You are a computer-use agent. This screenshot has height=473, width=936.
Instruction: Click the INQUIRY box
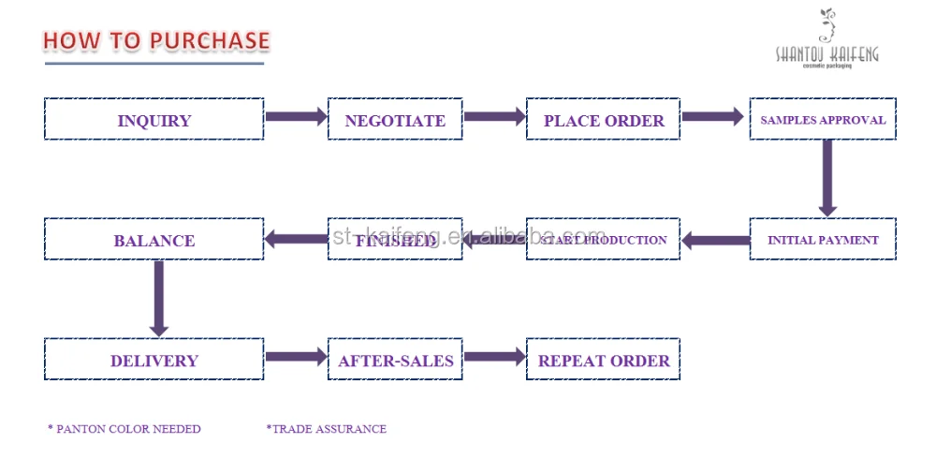click(x=154, y=120)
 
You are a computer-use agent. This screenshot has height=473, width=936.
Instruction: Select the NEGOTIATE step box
click(x=395, y=120)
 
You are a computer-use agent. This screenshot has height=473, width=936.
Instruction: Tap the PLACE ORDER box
click(x=603, y=120)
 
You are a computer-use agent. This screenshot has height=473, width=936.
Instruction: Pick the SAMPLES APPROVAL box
click(x=823, y=120)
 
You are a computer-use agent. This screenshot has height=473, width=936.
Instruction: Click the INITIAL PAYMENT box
click(x=823, y=240)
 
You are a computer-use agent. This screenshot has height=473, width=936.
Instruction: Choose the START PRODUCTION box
click(x=603, y=240)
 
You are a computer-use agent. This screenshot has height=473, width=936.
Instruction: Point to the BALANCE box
click(x=154, y=240)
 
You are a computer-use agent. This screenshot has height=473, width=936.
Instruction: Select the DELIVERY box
click(x=154, y=360)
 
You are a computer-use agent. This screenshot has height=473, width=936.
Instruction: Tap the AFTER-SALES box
click(x=395, y=360)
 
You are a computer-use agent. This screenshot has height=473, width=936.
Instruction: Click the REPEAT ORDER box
click(x=603, y=360)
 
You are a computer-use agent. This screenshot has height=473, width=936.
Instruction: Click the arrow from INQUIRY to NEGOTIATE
click(x=296, y=117)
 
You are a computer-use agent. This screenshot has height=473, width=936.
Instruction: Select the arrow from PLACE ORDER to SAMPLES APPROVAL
click(x=712, y=117)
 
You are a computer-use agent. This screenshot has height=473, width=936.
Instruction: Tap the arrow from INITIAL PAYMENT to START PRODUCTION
click(x=715, y=241)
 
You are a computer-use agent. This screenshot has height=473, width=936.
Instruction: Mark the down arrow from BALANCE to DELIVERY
click(x=159, y=298)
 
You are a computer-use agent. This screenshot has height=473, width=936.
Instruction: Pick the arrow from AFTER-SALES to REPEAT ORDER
click(x=494, y=357)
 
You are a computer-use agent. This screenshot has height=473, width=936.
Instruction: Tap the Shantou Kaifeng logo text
click(x=826, y=54)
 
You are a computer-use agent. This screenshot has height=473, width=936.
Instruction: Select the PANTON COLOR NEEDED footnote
click(x=124, y=429)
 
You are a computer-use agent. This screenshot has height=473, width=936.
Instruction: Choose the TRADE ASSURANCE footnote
click(x=327, y=429)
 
